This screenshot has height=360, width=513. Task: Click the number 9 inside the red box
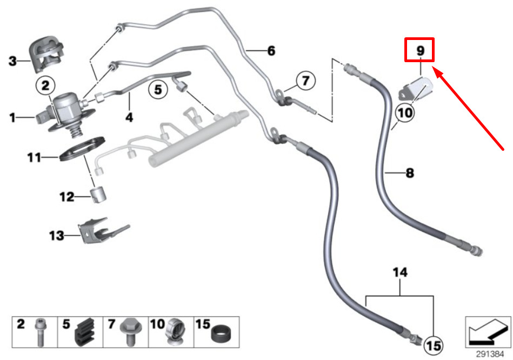tap(420, 50)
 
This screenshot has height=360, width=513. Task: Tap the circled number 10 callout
tap(405, 113)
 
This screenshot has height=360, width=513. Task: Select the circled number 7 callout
tap(305, 81)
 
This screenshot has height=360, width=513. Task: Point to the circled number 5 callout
tap(158, 89)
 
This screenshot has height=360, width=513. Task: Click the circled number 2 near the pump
tap(45, 85)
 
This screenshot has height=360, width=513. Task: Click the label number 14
tap(400, 272)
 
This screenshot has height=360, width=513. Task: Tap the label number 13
tap(57, 235)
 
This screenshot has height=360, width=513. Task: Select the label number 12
tap(66, 197)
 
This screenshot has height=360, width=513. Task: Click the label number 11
tap(35, 157)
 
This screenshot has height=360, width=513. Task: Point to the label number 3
tap(12, 61)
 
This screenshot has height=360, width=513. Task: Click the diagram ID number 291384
tap(490, 354)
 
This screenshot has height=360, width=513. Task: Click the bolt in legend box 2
tap(40, 332)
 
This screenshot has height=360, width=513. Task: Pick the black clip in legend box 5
tap(85, 332)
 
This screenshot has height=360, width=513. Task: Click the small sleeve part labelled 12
tap(98, 195)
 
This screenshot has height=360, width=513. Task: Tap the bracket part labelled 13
tap(103, 230)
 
